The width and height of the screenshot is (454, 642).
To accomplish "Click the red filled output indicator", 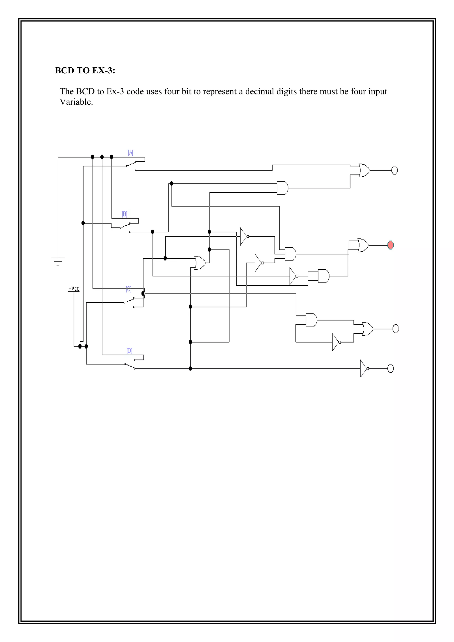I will tap(391, 245).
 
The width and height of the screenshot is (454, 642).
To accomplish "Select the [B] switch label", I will tap(124, 214).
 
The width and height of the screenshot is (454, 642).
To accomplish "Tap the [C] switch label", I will tap(129, 289).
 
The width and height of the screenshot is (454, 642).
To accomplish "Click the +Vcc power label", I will tap(74, 289).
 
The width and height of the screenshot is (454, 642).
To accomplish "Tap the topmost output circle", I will tap(394, 170).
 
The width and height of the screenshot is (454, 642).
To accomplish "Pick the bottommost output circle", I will tap(391, 368).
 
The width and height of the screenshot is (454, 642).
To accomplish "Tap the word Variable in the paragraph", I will tap(76, 102).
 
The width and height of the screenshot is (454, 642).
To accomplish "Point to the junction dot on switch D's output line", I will tap(190, 368).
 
